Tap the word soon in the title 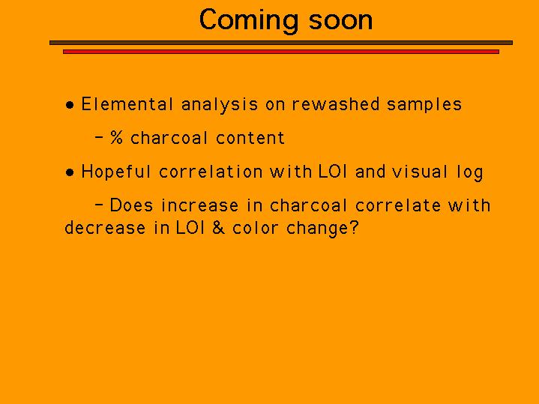(340, 21)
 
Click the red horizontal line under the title (281, 52)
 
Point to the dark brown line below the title (281, 43)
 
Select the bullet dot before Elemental (70, 105)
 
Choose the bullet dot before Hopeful (70, 172)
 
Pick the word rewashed (336, 104)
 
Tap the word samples (424, 105)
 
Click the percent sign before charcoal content (116, 137)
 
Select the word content (250, 138)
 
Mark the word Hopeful (116, 172)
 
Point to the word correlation (211, 172)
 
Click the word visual (420, 172)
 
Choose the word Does (131, 205)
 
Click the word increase (199, 205)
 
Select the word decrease (105, 228)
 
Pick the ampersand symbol (219, 228)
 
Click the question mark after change (354, 228)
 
